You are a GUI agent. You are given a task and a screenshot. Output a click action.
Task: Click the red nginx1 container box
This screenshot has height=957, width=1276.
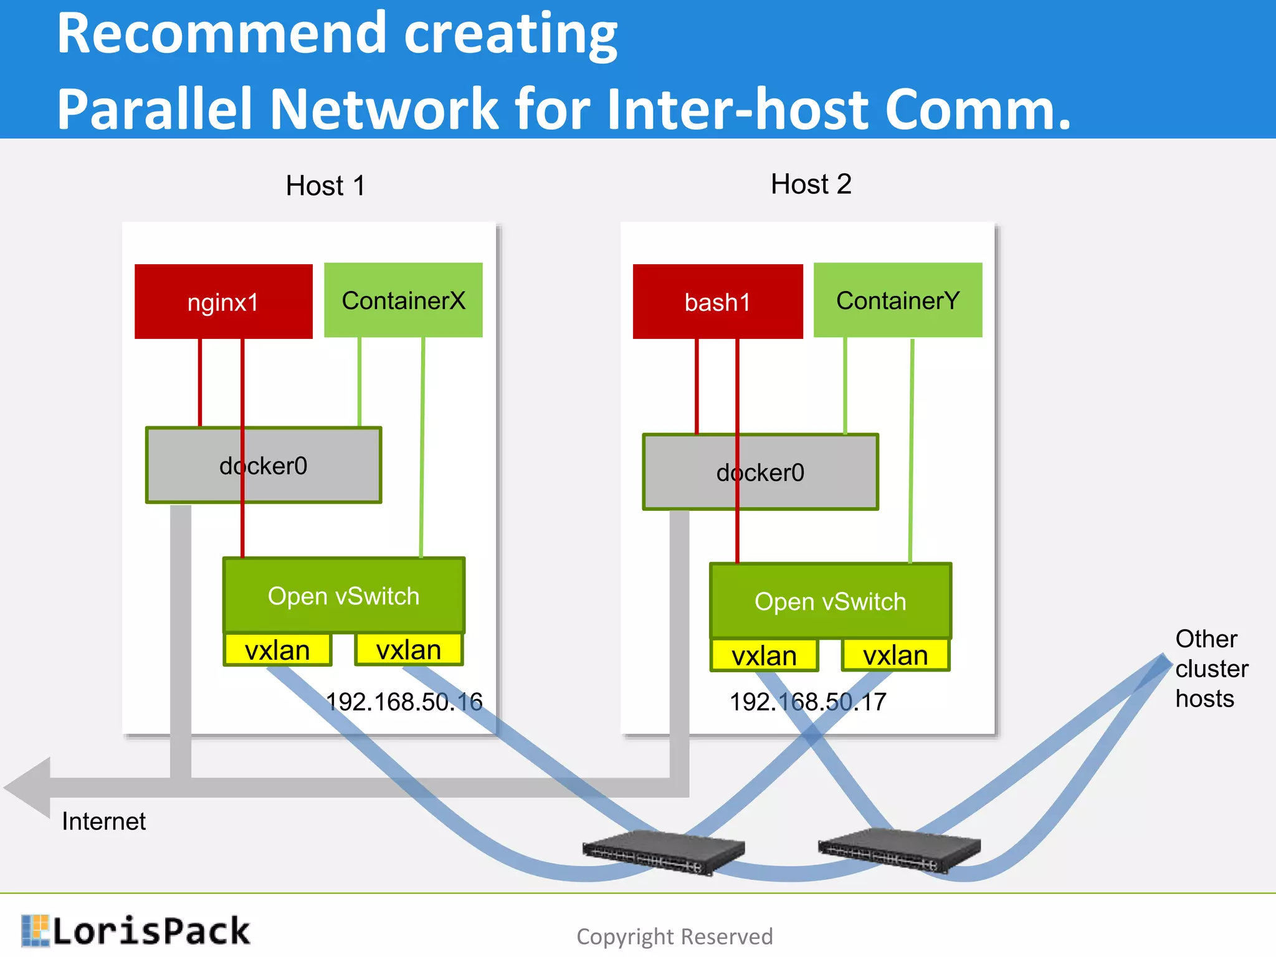[223, 302]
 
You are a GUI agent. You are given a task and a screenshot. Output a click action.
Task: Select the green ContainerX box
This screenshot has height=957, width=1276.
[403, 300]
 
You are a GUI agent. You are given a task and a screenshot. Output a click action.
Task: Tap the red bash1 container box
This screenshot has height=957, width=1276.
[717, 302]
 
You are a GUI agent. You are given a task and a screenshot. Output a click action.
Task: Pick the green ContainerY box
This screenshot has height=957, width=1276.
[897, 300]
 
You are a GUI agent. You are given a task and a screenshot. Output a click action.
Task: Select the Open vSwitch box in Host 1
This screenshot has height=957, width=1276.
[343, 596]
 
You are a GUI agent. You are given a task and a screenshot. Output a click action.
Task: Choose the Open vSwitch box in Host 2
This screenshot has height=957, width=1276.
[830, 601]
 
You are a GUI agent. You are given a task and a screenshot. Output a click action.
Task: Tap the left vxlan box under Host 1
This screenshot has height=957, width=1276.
[277, 650]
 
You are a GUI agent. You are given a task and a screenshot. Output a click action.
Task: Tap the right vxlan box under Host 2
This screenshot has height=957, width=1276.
[895, 655]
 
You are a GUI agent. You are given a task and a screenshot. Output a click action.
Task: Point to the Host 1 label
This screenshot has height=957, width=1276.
[325, 186]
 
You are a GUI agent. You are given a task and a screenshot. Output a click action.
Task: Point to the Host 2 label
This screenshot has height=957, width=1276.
[811, 184]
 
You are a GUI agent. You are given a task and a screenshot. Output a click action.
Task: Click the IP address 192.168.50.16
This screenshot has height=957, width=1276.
[404, 702]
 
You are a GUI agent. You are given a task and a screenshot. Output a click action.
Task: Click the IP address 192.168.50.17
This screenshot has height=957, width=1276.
[807, 702]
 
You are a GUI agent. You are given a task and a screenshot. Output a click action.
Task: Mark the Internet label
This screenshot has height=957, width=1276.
[103, 821]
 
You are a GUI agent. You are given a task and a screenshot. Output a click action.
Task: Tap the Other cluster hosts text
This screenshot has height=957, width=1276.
[1211, 669]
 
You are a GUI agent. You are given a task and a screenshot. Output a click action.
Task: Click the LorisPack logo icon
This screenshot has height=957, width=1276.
[35, 930]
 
